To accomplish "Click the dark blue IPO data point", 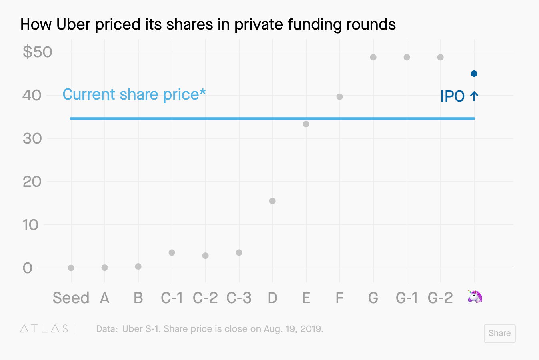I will (x=474, y=74).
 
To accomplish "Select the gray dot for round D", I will (x=272, y=201).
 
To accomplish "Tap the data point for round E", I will (x=306, y=124).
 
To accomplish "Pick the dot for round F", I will (x=339, y=97).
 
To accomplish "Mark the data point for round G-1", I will (x=407, y=57).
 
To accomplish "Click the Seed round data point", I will (x=71, y=268).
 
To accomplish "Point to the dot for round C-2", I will (x=205, y=256).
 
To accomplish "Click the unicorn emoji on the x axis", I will (x=475, y=297).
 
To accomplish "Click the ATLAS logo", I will (x=44, y=329).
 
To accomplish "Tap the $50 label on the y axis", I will (x=38, y=52).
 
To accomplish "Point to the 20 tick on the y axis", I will (x=32, y=182).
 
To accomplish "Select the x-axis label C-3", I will (x=239, y=298).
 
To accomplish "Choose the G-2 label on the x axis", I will (x=440, y=298).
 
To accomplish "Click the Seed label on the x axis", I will (x=71, y=298).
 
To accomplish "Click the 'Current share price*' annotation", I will (x=134, y=94).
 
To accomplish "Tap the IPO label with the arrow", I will (x=459, y=96).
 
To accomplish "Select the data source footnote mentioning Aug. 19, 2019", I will (x=210, y=329).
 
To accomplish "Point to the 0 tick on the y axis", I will (x=27, y=268).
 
